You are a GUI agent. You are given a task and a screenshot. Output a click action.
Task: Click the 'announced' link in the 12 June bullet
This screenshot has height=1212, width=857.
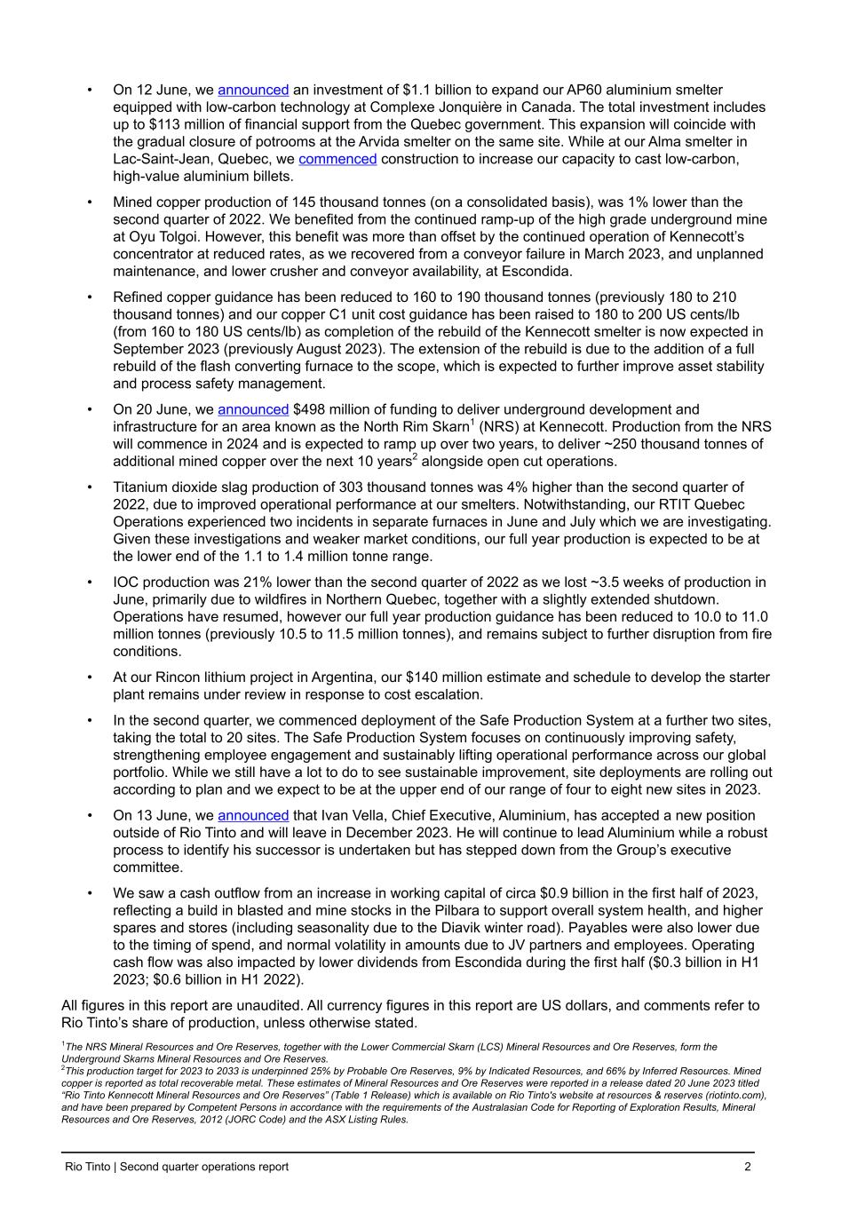(x=253, y=90)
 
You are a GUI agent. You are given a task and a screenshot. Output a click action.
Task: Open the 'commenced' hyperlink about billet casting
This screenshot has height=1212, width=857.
(x=337, y=159)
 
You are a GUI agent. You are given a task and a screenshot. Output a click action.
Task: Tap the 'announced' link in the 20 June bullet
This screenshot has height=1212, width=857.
(x=253, y=409)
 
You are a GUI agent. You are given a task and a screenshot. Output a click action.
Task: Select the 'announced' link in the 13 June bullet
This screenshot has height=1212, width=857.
(x=253, y=815)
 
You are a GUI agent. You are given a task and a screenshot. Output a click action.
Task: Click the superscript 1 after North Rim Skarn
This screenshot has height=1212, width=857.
(x=472, y=423)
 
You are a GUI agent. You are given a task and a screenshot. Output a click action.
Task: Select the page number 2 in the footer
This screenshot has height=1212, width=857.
(x=748, y=1167)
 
